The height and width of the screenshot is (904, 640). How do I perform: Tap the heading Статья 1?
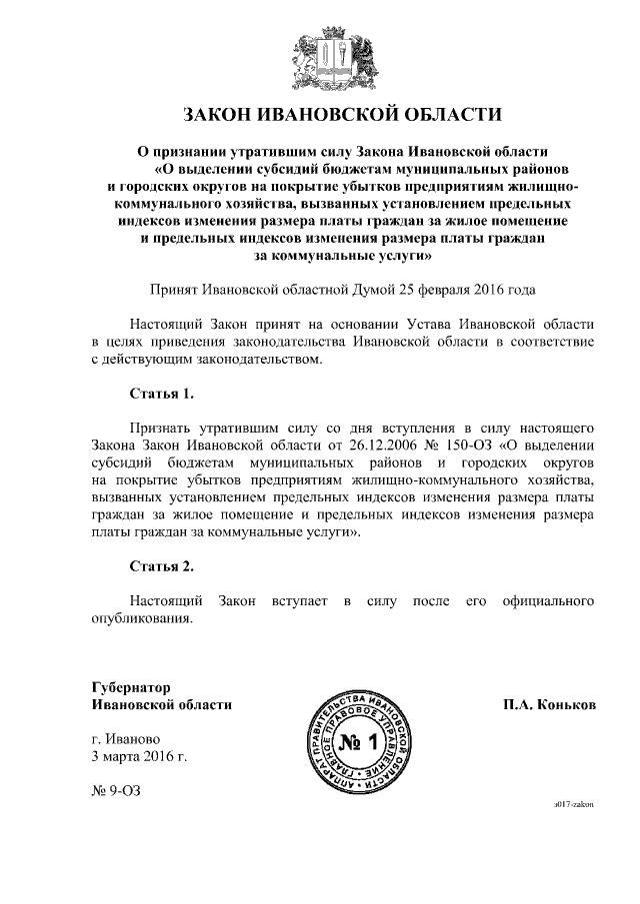click(161, 390)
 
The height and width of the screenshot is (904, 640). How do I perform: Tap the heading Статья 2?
click(161, 566)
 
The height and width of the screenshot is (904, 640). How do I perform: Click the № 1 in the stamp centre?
click(356, 742)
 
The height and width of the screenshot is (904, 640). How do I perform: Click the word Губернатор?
click(130, 687)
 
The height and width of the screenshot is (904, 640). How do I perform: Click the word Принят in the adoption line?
click(173, 291)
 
